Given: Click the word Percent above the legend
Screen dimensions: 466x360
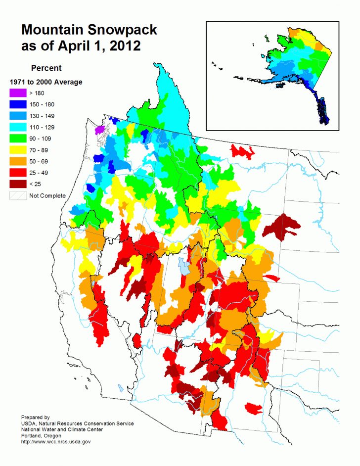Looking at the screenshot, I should pyautogui.click(x=46, y=68).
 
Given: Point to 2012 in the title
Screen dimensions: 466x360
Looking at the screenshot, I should pyautogui.click(x=125, y=47).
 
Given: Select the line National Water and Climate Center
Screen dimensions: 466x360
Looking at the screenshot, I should pyautogui.click(x=62, y=429).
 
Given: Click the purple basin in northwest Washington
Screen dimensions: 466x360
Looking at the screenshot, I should pyautogui.click(x=99, y=130).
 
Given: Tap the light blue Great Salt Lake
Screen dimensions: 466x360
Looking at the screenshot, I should pyautogui.click(x=183, y=266).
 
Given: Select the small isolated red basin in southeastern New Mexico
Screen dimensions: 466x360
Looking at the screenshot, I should pyautogui.click(x=253, y=409).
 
